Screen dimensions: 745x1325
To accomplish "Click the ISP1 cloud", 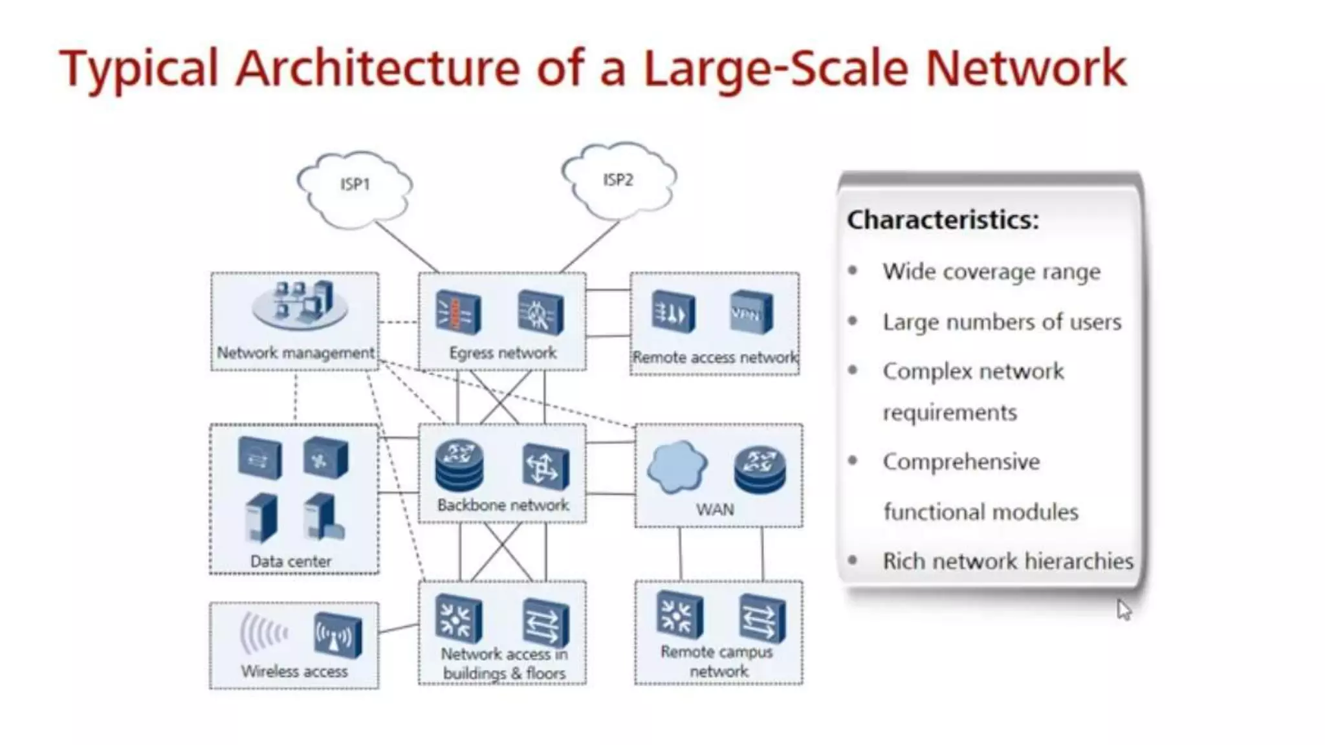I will (355, 189).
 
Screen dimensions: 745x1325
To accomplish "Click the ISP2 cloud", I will (618, 181).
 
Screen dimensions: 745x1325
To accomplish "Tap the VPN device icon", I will (751, 313).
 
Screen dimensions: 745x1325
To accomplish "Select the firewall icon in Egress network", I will (458, 312).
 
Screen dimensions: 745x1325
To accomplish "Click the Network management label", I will (296, 353).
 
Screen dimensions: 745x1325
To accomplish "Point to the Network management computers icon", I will (300, 303).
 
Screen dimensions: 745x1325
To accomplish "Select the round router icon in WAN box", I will (760, 470).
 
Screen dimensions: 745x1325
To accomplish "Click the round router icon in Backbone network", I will (459, 465).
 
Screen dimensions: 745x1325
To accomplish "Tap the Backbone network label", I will (503, 505).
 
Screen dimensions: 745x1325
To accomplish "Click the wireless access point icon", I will (337, 635).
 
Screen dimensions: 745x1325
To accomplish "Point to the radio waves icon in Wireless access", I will (263, 634).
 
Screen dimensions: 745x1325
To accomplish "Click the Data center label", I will (290, 561).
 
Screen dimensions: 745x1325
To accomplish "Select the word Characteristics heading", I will (943, 220).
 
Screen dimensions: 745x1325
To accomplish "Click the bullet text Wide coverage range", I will (991, 272).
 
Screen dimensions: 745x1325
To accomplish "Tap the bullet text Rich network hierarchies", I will (1007, 561).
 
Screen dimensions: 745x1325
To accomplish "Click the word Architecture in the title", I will (377, 69).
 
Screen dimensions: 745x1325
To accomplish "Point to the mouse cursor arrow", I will (1123, 609).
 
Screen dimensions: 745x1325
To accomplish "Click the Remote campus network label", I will (717, 662).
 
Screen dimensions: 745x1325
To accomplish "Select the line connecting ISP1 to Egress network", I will (406, 246).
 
